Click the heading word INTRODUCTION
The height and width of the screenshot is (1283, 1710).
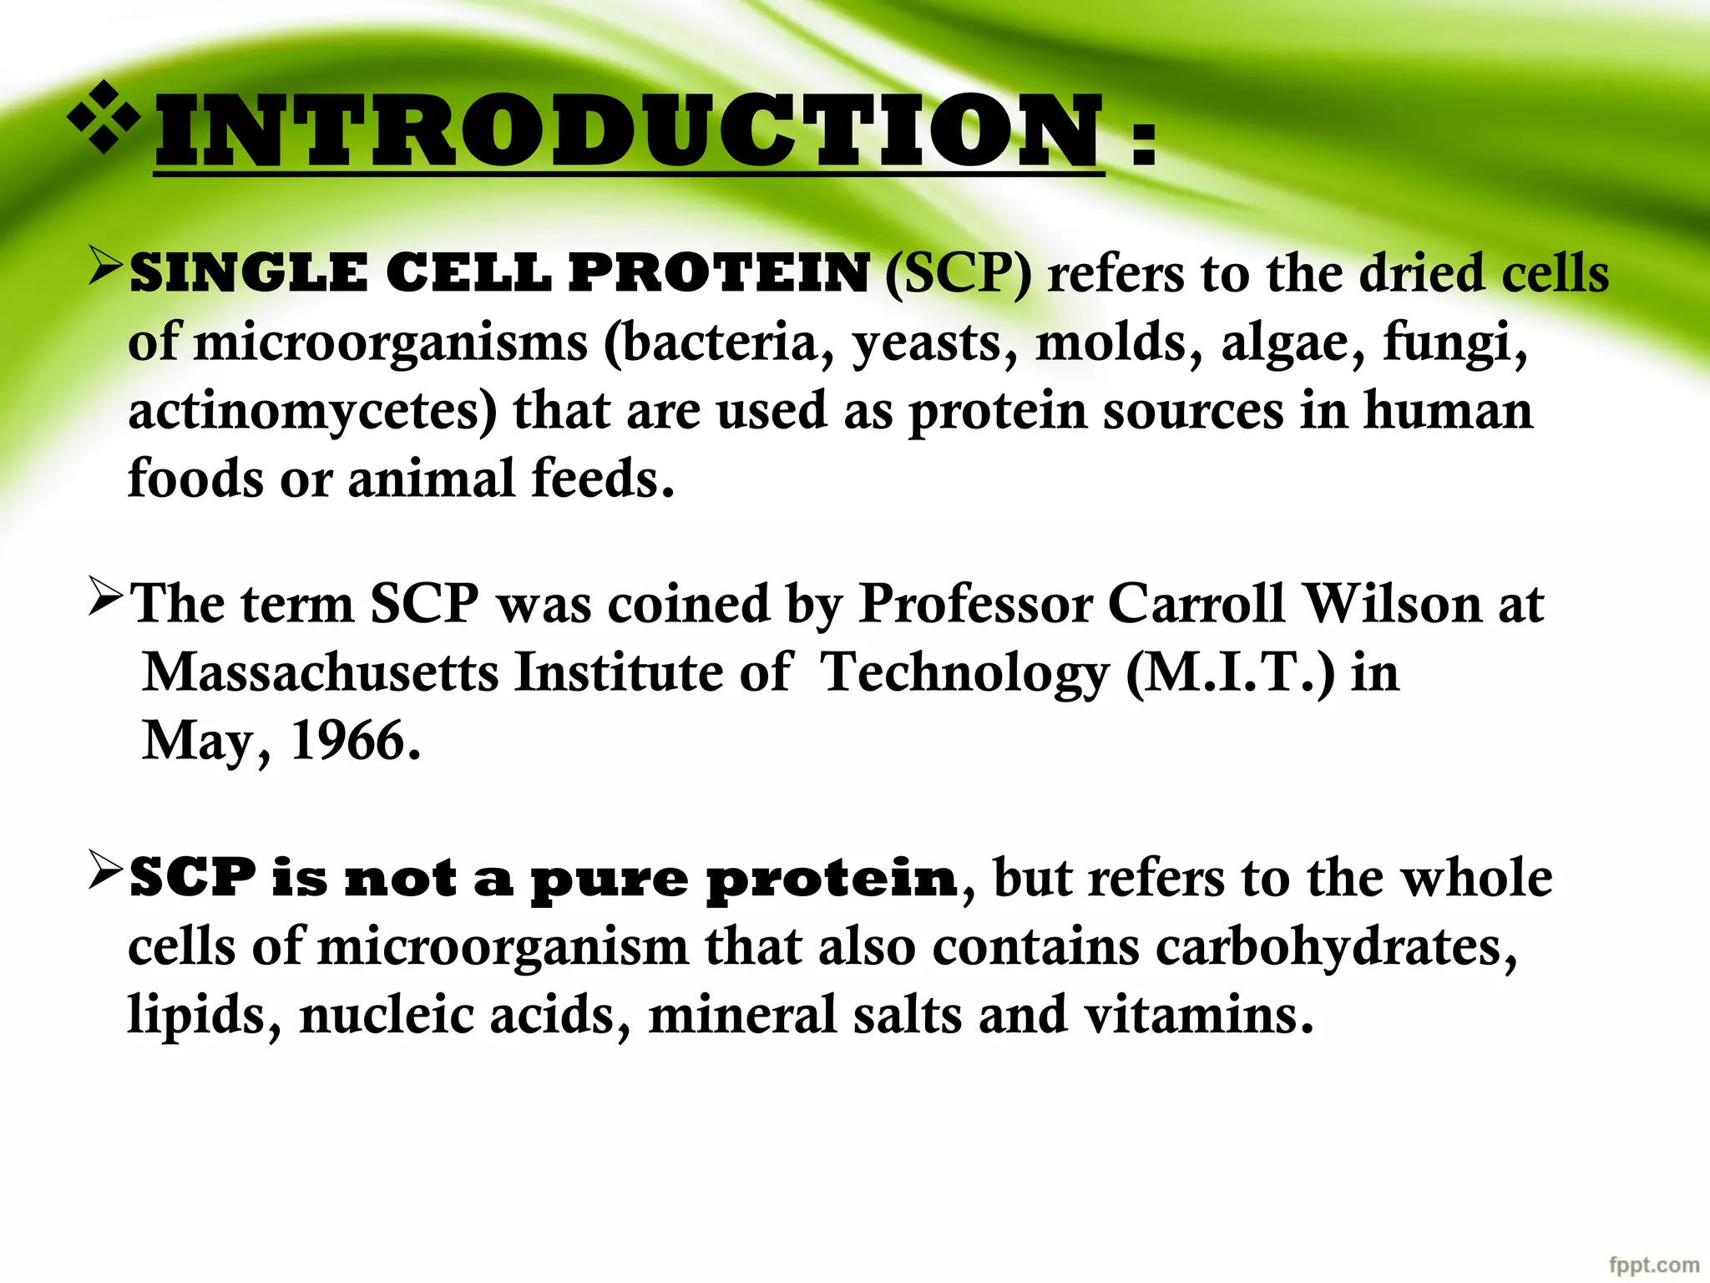[x=628, y=131]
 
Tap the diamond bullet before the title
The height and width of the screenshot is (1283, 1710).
[x=104, y=118]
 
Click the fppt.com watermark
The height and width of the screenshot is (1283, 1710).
[x=1653, y=1265]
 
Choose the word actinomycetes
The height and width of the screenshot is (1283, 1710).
[x=312, y=411]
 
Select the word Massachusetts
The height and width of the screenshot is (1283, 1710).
[x=320, y=672]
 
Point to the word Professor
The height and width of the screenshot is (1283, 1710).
[x=974, y=603]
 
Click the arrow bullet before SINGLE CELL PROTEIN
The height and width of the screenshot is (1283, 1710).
[x=105, y=266]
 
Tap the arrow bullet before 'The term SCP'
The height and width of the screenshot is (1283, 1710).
[x=105, y=596]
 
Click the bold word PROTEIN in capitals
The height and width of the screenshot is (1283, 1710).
[x=718, y=273]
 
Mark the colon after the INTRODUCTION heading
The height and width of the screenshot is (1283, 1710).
[x=1143, y=142]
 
